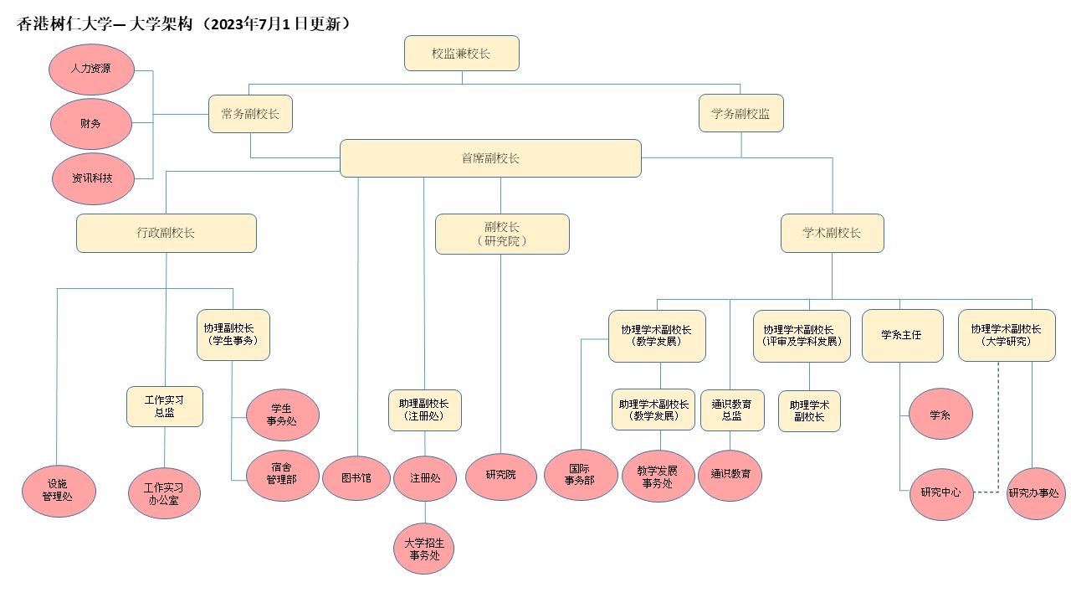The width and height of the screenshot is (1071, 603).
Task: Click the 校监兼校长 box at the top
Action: click(x=461, y=53)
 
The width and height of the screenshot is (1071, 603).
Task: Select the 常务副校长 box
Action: click(x=250, y=114)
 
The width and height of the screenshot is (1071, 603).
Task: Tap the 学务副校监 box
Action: click(x=740, y=113)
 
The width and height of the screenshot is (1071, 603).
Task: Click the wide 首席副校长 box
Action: click(x=490, y=158)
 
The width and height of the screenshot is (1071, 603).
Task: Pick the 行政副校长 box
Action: click(x=167, y=233)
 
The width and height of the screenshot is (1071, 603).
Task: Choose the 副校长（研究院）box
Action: click(x=502, y=234)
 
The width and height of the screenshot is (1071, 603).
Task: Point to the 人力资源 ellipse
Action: click(x=91, y=70)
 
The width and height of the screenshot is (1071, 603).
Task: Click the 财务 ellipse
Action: click(x=91, y=124)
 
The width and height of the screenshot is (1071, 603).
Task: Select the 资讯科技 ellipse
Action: click(x=93, y=178)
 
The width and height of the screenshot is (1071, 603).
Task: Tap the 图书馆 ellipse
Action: click(x=356, y=478)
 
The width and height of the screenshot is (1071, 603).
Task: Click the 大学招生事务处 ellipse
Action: click(x=423, y=549)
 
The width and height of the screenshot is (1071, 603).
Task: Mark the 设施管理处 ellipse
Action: click(x=59, y=491)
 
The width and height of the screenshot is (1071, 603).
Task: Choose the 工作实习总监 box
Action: click(x=165, y=406)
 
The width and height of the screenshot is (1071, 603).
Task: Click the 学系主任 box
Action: click(x=902, y=336)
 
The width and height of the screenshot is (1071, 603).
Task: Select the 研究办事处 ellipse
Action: click(x=1036, y=493)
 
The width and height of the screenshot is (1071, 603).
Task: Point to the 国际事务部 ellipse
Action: click(x=581, y=475)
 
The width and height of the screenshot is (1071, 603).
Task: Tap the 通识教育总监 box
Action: click(x=732, y=410)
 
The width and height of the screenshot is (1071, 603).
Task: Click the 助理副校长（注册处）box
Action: click(x=424, y=410)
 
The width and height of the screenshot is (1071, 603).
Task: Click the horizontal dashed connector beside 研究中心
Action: click(x=986, y=492)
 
